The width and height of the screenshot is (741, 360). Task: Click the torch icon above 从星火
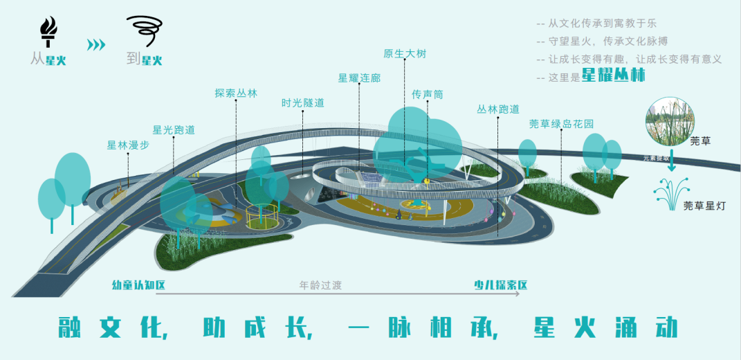click(48, 31)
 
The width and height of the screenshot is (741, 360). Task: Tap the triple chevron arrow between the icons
click(96, 45)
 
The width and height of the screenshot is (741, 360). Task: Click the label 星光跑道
click(174, 129)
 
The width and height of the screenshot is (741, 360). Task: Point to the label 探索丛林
click(235, 93)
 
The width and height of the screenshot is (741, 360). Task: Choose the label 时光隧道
click(302, 103)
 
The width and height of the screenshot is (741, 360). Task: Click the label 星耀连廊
click(359, 78)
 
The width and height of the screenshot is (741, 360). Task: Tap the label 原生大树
click(405, 53)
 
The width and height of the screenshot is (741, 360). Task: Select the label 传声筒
click(427, 93)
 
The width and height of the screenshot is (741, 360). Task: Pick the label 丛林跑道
click(498, 109)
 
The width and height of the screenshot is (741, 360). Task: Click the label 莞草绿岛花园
click(561, 123)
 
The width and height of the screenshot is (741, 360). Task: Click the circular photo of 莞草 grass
click(670, 122)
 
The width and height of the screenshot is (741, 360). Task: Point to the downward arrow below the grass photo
click(670, 165)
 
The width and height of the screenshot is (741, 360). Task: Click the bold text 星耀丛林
click(613, 75)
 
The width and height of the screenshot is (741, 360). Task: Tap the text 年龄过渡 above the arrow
click(320, 285)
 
